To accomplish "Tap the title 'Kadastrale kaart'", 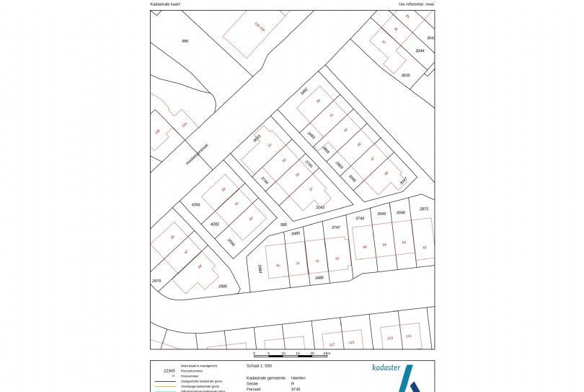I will coord(165,4).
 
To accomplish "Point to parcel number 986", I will coord(185,40).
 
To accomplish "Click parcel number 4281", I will coord(195,205).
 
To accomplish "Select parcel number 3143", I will coord(319,207).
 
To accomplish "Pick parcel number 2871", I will coord(423,209).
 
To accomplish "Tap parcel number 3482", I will coord(304,92).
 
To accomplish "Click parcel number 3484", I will coord(260,269).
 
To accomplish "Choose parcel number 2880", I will coord(222,287).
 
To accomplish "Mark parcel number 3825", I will coord(405,75).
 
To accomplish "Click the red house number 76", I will coord(278,265).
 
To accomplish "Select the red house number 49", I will coord(386,173).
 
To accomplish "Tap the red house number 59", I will coord(224,189).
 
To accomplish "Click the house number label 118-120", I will coord(260,28).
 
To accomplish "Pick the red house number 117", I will coord(332,344).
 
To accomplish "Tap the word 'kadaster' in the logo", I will coord(386,367).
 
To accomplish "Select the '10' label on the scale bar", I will coord(283,354).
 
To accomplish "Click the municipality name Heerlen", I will coord(298,378).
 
